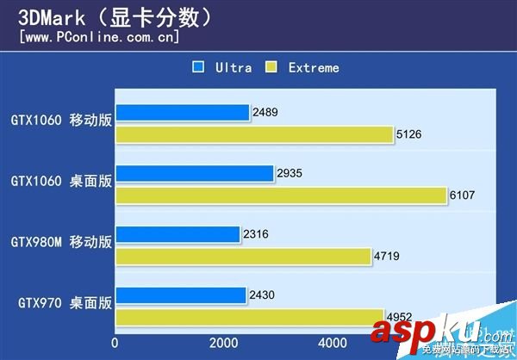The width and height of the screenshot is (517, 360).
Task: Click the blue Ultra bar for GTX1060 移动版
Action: click(x=182, y=113)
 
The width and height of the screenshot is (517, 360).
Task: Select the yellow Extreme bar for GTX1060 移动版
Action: click(x=255, y=134)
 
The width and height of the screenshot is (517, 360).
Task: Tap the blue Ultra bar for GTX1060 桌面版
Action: click(x=194, y=174)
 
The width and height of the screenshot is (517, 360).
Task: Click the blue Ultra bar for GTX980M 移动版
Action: click(x=178, y=234)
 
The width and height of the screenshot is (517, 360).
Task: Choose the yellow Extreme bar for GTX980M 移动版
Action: click(x=244, y=256)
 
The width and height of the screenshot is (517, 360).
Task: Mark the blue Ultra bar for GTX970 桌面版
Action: click(x=180, y=295)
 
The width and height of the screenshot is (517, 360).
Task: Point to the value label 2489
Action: click(x=266, y=113)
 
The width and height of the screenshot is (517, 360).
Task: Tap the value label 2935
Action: click(x=290, y=174)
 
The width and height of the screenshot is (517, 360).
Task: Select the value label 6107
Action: click(x=463, y=196)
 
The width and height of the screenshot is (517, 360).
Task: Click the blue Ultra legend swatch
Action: click(x=198, y=67)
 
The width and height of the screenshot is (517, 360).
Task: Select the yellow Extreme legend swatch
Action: click(x=271, y=67)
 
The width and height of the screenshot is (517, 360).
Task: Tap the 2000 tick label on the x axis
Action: click(x=224, y=343)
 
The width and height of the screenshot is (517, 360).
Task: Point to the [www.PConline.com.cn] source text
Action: click(x=99, y=37)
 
